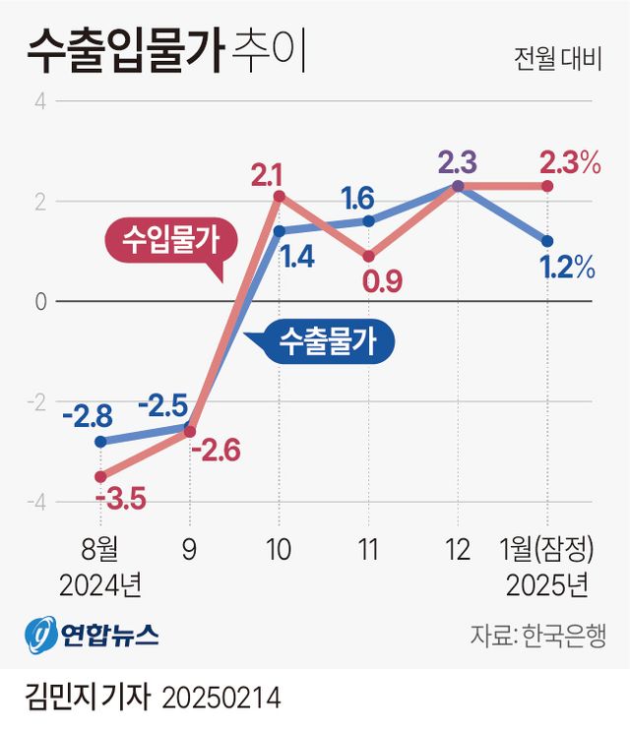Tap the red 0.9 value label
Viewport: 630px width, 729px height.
382,282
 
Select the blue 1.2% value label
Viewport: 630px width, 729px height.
566,266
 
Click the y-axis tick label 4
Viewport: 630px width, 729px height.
40,100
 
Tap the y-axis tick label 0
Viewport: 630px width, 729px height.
40,301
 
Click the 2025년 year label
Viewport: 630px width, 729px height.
547,585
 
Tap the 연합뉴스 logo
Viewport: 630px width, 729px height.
94,632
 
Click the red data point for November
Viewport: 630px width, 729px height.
368,256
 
